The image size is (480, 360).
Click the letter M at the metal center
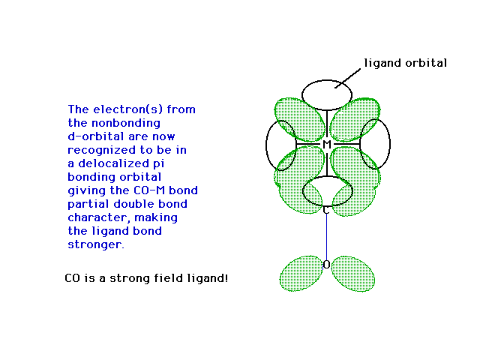327,144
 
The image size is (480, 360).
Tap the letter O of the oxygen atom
327,265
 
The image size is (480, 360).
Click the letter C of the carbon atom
326,211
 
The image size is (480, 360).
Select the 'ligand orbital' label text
405,63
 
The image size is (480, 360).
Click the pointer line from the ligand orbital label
347,78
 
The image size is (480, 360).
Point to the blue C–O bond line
326,237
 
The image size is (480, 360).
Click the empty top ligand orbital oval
327,80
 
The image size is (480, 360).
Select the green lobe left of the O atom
301,273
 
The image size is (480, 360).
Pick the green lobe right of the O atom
353,274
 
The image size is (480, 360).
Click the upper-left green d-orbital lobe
300,119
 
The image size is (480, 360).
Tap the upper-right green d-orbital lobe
355,119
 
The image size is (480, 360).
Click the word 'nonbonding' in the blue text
126,123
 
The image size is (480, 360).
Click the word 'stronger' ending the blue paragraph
96,244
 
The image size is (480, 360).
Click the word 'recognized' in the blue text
101,150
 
